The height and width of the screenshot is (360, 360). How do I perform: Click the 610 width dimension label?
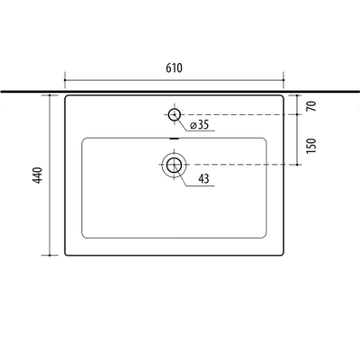click(174, 68)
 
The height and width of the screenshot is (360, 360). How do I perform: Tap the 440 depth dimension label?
click(38, 175)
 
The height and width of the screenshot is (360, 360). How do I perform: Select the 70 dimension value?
click(312, 106)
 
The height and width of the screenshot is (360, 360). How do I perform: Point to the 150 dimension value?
click(311, 146)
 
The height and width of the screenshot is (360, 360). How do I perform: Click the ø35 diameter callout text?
click(199, 125)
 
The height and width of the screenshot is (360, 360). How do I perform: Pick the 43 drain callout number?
click(203, 179)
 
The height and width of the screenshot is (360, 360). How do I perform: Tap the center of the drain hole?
click(174, 165)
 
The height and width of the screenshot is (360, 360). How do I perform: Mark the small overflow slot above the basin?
click(175, 139)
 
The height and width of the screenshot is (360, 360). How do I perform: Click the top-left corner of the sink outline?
click(66, 96)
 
